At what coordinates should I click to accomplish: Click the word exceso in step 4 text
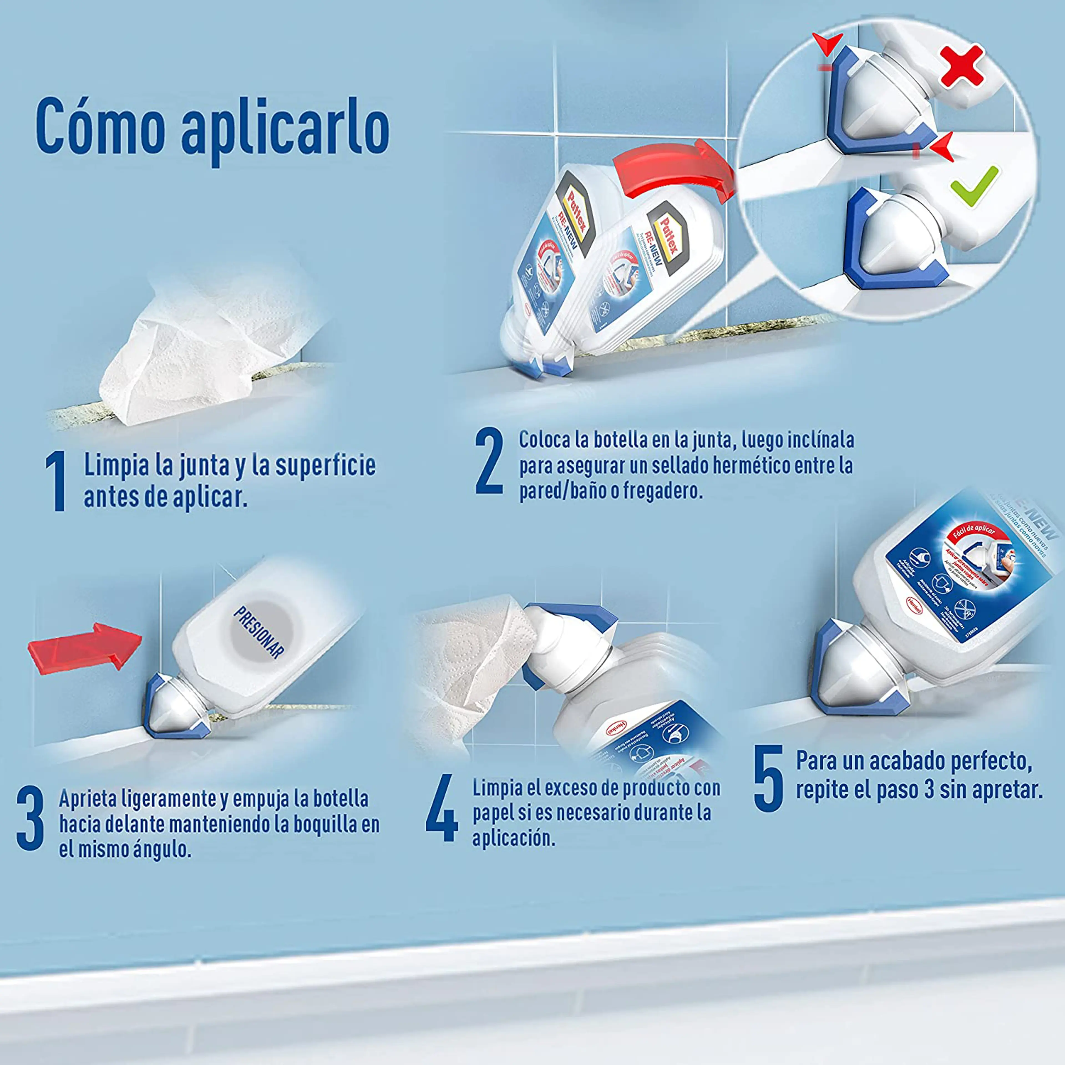click(568, 788)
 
